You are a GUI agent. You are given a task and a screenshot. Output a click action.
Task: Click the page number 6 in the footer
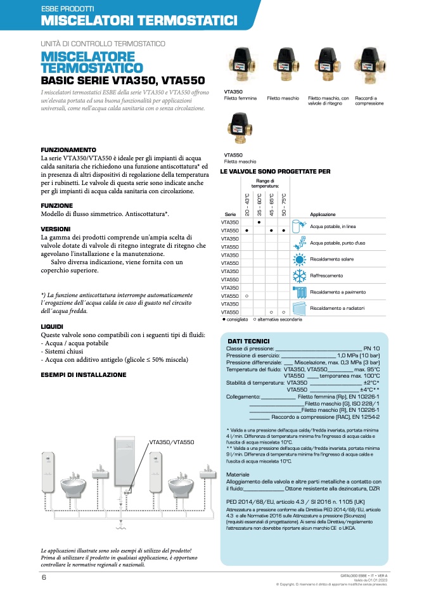click(x=44, y=577)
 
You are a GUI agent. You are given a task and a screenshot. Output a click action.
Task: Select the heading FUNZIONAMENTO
click(x=68, y=150)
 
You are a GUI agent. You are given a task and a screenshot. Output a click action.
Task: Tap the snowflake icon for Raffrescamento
click(x=299, y=276)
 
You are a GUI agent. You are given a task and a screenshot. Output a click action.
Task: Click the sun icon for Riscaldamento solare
click(x=299, y=259)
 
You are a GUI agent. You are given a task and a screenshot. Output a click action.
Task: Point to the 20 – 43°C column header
click(x=247, y=204)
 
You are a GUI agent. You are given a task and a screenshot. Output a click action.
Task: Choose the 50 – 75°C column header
click(x=284, y=204)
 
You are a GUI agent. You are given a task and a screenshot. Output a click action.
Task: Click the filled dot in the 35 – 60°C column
click(x=259, y=222)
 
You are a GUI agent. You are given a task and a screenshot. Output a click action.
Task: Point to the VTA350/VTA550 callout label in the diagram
click(x=172, y=442)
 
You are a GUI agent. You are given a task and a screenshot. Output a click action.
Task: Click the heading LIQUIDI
click(x=52, y=326)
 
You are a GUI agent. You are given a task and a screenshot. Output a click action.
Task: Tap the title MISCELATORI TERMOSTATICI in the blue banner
click(x=139, y=21)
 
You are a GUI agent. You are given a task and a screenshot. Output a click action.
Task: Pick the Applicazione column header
click(x=323, y=215)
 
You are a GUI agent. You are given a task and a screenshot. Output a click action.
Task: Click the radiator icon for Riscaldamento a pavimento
click(x=299, y=291)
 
